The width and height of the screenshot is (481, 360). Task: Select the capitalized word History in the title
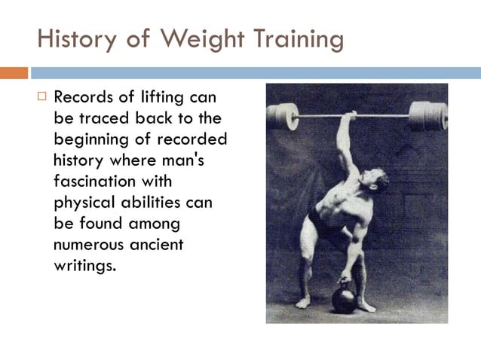(79, 38)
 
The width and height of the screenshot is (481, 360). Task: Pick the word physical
(83, 203)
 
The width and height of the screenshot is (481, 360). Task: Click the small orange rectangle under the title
(14, 73)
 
